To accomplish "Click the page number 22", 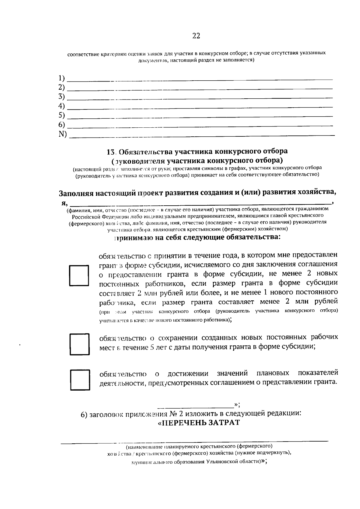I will coord(196,36).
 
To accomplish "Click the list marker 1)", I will coord(61,78).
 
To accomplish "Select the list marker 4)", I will coord(61,106).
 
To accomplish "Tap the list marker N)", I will coord(63,134).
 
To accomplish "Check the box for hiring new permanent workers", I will coord(79,275).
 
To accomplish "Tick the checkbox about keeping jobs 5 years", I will coord(80,344).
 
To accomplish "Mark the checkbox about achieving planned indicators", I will coord(80,380).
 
